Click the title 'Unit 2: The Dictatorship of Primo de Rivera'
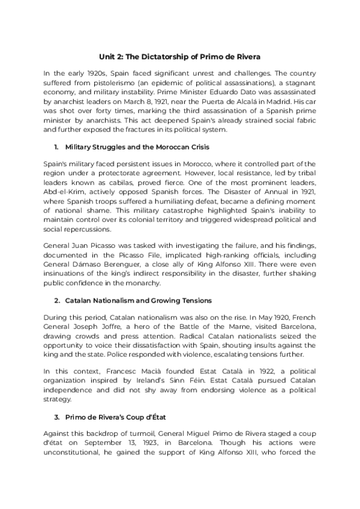(x=180, y=57)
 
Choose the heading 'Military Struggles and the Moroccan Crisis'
(x=137, y=146)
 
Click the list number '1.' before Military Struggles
(x=56, y=146)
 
